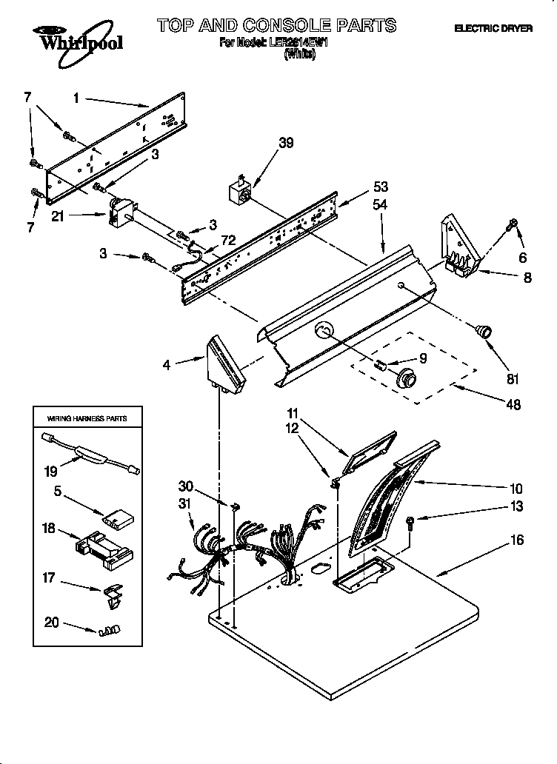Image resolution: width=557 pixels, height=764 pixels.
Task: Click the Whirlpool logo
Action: pyautogui.click(x=73, y=38)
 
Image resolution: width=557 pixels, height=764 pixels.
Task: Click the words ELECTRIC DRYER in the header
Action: pyautogui.click(x=493, y=28)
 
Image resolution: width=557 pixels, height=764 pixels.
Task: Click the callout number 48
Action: pyautogui.click(x=512, y=404)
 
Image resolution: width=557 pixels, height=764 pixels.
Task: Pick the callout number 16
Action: pyautogui.click(x=516, y=540)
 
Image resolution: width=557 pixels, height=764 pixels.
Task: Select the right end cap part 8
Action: pyautogui.click(x=459, y=247)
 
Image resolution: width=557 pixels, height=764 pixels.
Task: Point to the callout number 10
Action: pyautogui.click(x=516, y=488)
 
